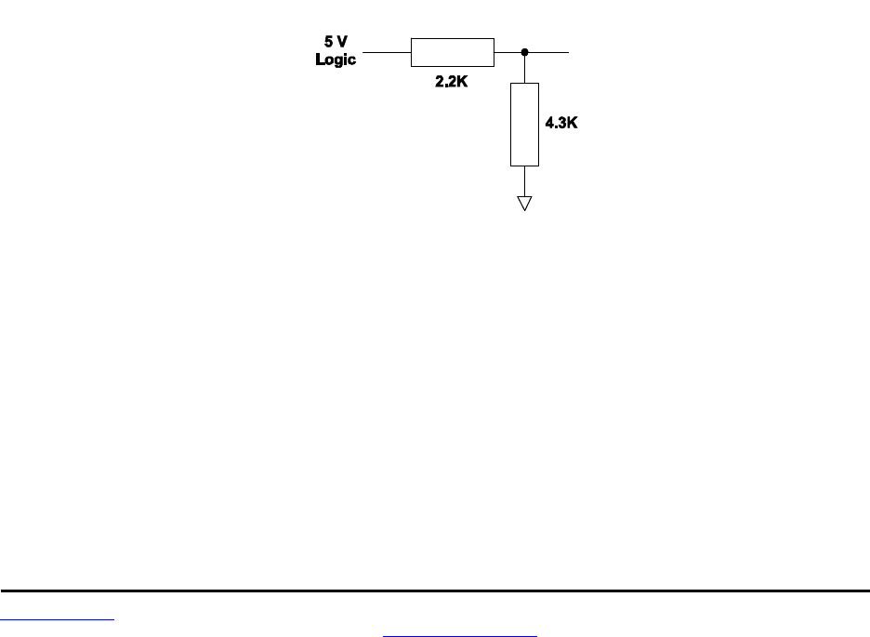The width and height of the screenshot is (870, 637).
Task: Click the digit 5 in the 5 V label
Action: coord(326,43)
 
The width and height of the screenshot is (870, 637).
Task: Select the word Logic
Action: coord(336,60)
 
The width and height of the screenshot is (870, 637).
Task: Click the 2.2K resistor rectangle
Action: coord(452,53)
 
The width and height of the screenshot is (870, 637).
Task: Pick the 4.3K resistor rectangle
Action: coord(524,124)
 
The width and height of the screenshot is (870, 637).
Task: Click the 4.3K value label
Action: coord(560,122)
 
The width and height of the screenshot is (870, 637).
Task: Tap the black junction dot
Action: coord(525,53)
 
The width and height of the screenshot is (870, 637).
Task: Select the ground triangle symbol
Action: coord(525,202)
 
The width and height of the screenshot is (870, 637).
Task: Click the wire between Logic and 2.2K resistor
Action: coord(387,53)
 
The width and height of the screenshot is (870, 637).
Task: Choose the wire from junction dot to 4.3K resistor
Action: coord(525,69)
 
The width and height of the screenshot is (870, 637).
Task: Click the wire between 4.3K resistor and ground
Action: coord(525,180)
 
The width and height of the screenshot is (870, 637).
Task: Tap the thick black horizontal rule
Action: coord(435,591)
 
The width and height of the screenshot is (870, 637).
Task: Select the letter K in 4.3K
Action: coord(572,122)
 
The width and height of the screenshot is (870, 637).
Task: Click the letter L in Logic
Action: coord(320,60)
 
